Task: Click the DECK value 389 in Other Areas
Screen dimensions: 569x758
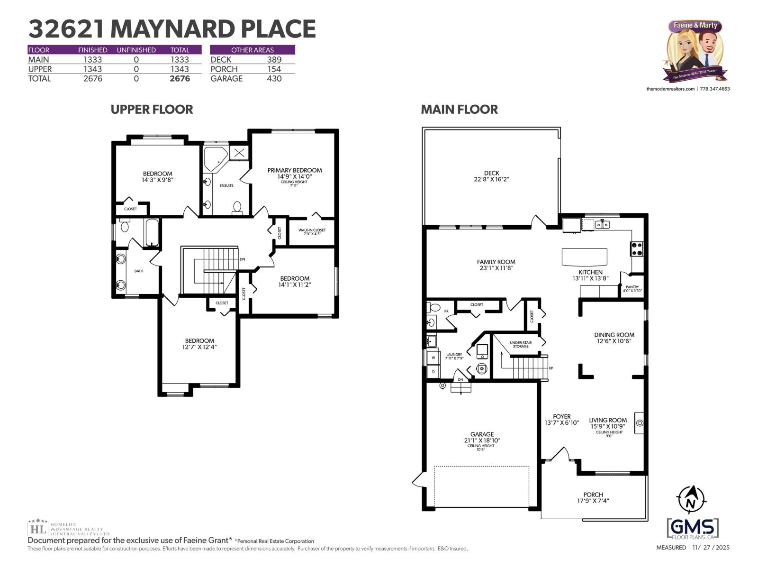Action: (x=274, y=60)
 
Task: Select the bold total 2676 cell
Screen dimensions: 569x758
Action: (x=180, y=79)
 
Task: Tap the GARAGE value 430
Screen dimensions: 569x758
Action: (x=274, y=79)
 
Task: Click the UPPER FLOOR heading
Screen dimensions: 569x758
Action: (x=152, y=110)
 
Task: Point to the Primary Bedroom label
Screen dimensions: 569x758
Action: (x=294, y=170)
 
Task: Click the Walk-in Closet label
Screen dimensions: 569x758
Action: (x=312, y=230)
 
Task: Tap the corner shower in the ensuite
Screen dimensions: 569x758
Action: (x=215, y=158)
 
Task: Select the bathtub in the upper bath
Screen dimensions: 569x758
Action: (x=152, y=232)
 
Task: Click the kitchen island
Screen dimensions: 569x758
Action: (x=584, y=257)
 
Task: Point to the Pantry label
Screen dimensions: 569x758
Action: (x=632, y=287)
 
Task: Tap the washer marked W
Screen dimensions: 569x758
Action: (x=433, y=358)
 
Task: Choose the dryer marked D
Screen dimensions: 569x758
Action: (x=433, y=372)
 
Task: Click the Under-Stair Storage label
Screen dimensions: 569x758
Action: (x=520, y=344)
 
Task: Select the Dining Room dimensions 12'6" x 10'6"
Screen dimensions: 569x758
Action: (x=614, y=341)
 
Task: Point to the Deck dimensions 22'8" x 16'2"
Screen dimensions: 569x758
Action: (x=491, y=180)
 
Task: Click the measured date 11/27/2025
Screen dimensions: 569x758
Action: (x=711, y=547)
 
